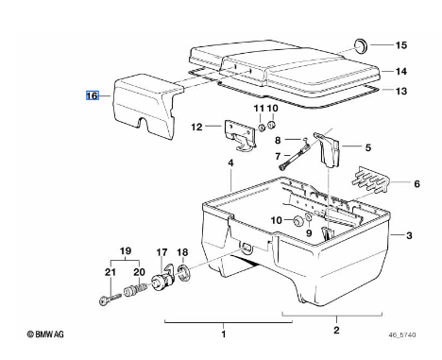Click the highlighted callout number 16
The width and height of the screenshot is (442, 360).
point(93,95)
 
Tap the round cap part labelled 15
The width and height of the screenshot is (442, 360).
point(361,46)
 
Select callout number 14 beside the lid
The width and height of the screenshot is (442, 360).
point(401,72)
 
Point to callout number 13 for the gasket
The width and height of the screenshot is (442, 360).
point(401,92)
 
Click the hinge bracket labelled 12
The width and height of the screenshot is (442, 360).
point(240,135)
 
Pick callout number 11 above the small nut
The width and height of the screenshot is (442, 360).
point(259,109)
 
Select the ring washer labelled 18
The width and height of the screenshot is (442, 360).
point(183,273)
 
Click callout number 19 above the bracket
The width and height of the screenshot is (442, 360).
point(126,251)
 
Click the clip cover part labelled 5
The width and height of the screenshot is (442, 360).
point(328,149)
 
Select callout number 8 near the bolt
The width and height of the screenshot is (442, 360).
point(278,140)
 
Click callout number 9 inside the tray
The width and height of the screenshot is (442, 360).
point(309,232)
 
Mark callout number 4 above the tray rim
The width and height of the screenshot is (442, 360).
point(230,163)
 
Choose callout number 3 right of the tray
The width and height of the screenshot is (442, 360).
point(409,235)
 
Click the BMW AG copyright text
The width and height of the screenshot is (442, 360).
point(45,334)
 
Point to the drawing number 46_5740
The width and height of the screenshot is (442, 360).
point(402,334)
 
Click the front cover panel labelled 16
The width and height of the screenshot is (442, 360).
point(144,106)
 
